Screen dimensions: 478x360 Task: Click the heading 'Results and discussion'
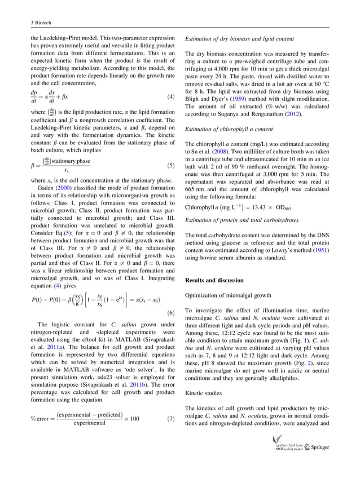point(214,280)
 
